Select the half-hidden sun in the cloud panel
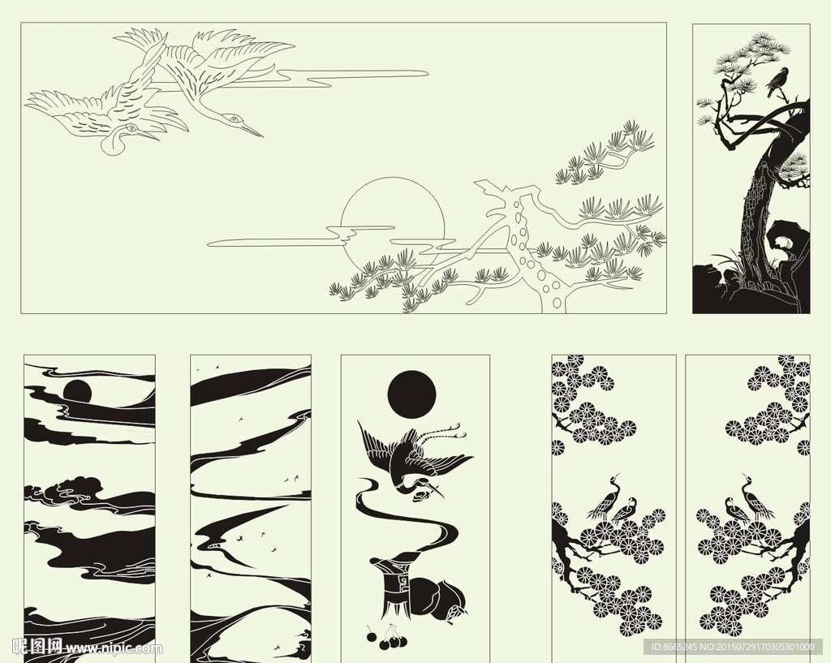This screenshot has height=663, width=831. pyautogui.click(x=77, y=390)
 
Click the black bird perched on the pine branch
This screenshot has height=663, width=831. pyautogui.click(x=778, y=82)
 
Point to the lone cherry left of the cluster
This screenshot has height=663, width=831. pyautogui.click(x=372, y=636)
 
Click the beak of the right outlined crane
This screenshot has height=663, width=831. pyautogui.click(x=252, y=130)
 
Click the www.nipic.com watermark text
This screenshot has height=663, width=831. pyautogui.click(x=114, y=648)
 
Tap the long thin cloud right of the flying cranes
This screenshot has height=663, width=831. pyautogui.click(x=357, y=75)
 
